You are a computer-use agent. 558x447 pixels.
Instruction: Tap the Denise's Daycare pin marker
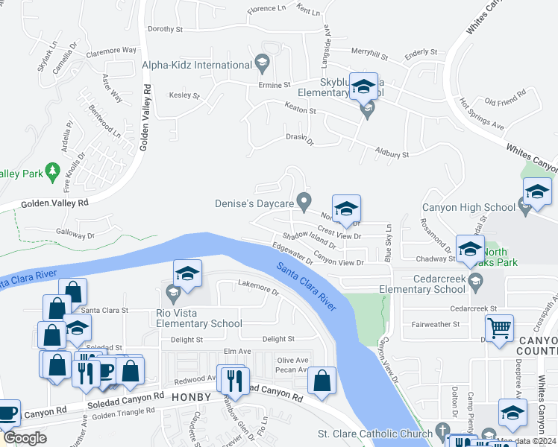(304, 201)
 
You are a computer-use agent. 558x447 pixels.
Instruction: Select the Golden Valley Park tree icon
(52, 173)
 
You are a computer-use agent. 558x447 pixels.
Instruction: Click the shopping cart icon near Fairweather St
(499, 328)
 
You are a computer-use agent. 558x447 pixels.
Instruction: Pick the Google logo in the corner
(24, 438)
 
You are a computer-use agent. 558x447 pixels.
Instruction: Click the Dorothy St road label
(165, 30)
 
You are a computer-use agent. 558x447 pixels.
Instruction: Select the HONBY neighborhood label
(192, 397)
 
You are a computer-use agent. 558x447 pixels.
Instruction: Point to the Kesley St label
(184, 95)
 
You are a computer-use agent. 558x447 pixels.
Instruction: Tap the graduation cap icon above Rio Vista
(188, 273)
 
